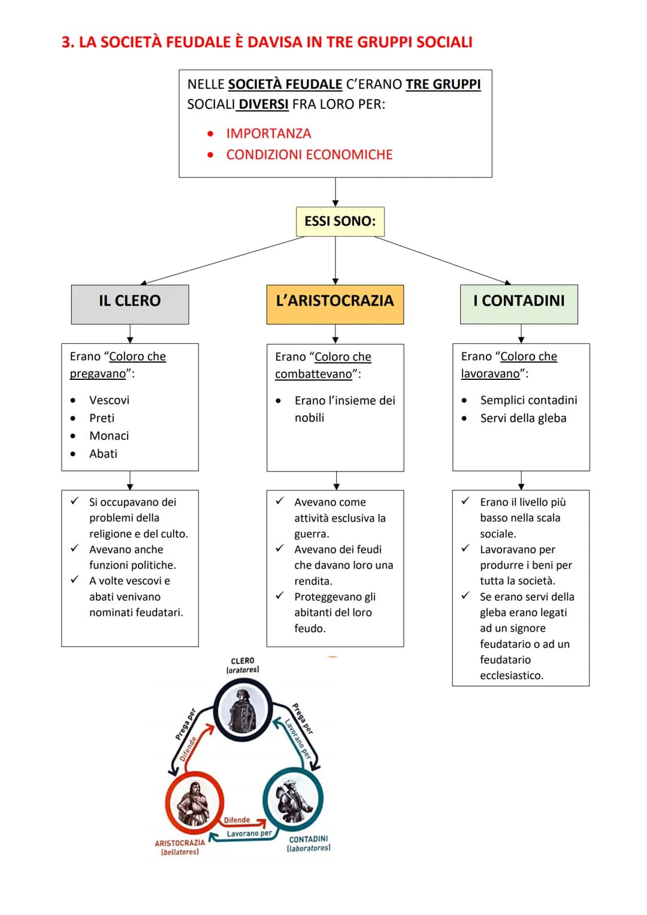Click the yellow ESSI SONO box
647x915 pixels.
(340, 222)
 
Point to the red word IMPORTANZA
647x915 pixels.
(268, 134)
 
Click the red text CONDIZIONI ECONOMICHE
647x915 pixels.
(309, 155)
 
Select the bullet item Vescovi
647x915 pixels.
(109, 400)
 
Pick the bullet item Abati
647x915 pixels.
(103, 454)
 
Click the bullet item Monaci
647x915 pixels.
(109, 436)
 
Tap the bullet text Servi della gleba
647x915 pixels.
(523, 418)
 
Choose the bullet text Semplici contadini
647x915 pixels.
(528, 400)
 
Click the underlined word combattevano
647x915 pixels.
(313, 374)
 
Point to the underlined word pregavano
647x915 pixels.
(98, 374)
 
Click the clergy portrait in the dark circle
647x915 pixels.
(243, 711)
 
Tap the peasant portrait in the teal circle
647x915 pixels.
(292, 799)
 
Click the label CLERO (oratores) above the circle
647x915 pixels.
(243, 665)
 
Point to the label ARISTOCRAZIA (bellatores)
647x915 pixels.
(180, 847)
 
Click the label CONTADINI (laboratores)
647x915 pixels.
(309, 843)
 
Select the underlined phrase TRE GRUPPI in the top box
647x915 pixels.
(443, 84)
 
